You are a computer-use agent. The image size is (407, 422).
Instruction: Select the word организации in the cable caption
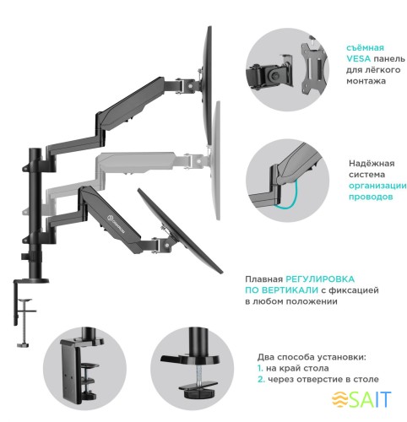coord(377,185)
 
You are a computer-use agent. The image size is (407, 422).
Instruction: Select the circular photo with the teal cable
coord(279,176)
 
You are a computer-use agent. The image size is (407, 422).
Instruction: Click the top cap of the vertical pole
coord(36,151)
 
